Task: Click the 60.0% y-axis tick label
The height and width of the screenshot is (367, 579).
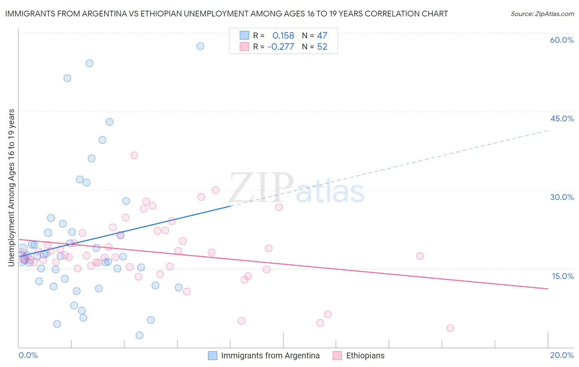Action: [x=562, y=40]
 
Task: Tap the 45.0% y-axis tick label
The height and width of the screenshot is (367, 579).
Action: [x=562, y=118]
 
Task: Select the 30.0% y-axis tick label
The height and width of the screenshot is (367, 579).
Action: [x=562, y=197]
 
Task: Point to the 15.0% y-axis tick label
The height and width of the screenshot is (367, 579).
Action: [x=563, y=276]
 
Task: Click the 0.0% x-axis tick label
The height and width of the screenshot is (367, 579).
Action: [x=28, y=355]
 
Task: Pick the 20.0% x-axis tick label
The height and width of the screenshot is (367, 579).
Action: [x=562, y=355]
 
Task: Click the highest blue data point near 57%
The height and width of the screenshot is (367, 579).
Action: [x=200, y=46]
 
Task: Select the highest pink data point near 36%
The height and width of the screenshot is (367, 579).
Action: [x=134, y=155]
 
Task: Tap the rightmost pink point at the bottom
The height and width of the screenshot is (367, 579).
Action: [x=450, y=328]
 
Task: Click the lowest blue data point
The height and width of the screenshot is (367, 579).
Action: [x=140, y=335]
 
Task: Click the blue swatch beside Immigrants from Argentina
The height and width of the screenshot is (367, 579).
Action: [x=212, y=355]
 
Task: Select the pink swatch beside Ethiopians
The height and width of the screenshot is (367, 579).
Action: [x=337, y=355]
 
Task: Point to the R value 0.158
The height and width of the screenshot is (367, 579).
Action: [x=283, y=35]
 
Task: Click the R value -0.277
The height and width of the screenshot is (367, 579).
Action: [x=281, y=46]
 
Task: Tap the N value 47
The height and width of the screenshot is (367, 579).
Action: [x=322, y=35]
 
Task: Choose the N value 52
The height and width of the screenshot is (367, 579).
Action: [x=322, y=46]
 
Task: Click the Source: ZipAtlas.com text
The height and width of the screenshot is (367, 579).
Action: [x=542, y=14]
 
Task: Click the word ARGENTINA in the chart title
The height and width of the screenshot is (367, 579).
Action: [x=109, y=14]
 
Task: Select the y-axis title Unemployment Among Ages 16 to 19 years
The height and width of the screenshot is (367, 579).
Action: [x=11, y=188]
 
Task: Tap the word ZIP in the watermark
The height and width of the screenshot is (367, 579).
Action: [x=261, y=188]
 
